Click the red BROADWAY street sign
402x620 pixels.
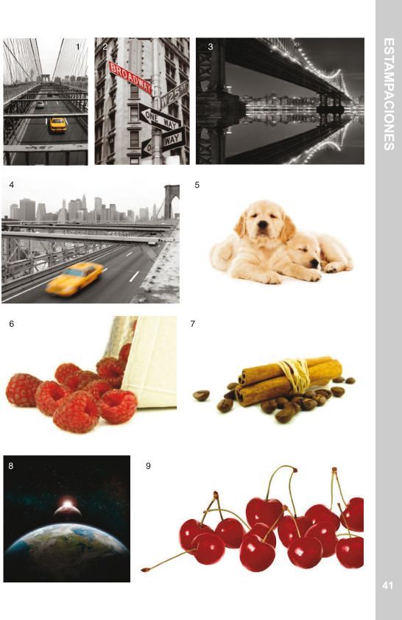tap(130, 77)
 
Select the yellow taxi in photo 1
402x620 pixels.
tap(57, 124)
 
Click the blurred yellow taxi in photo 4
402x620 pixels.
tap(74, 279)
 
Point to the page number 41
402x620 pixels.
tap(387, 585)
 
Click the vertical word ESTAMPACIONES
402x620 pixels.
tap(389, 94)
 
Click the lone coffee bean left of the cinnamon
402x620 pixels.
tap(201, 395)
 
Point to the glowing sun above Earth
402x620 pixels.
tap(68, 503)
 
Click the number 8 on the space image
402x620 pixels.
tap(10, 466)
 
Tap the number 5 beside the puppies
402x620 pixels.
tap(197, 185)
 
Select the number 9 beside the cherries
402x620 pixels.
tap(148, 466)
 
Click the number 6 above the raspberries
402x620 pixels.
tap(12, 324)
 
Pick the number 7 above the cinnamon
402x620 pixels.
tap(192, 324)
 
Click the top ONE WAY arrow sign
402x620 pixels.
tap(160, 118)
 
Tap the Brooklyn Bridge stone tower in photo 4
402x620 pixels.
tap(171, 202)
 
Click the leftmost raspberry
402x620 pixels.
tap(23, 390)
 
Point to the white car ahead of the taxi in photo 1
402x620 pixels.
tap(40, 105)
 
